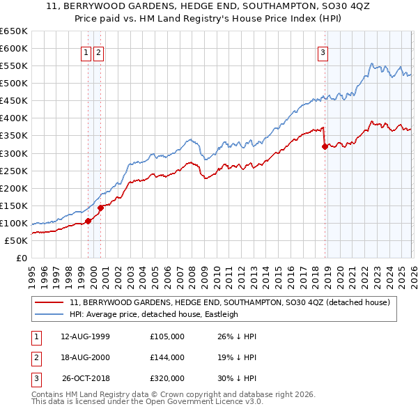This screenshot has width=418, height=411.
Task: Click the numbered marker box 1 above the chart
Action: [x=86, y=52]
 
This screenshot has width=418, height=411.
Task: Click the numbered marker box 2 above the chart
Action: [x=98, y=52]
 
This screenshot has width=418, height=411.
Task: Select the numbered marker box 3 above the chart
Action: [x=323, y=52]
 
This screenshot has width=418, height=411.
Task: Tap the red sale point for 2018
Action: [x=325, y=146]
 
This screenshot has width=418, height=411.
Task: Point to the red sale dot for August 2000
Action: [x=100, y=208]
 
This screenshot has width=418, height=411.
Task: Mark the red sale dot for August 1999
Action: [x=88, y=222]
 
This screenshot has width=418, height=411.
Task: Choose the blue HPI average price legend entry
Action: [x=153, y=314]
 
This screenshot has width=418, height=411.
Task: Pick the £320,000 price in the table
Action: [x=167, y=378]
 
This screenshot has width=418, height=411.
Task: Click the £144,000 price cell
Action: [x=167, y=357]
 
